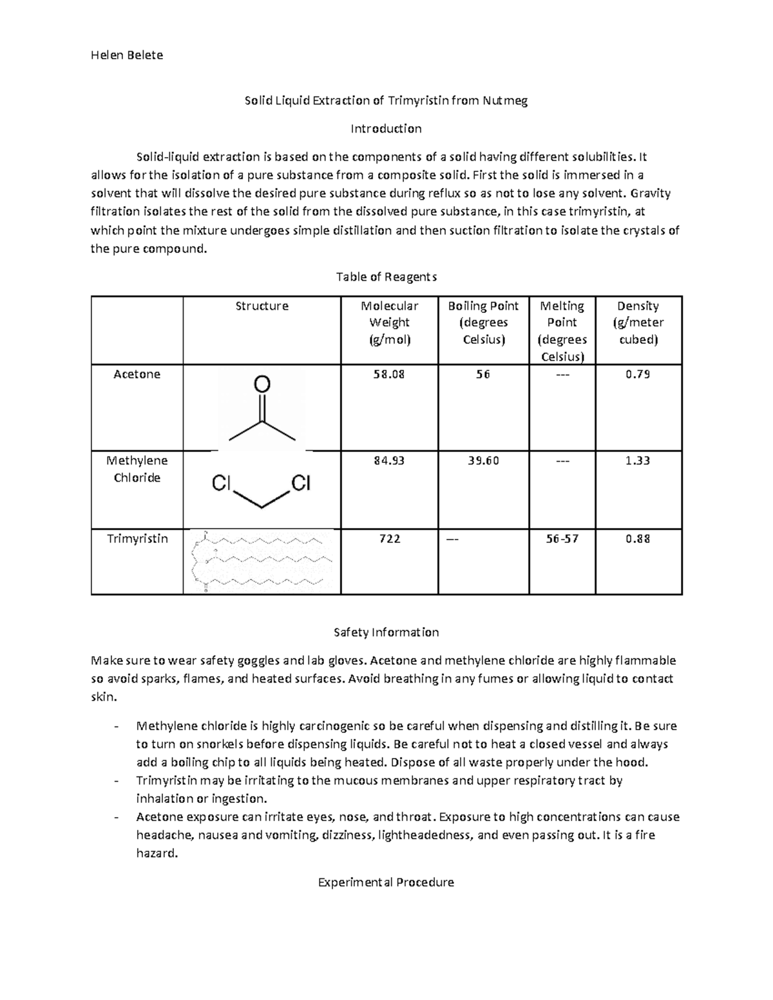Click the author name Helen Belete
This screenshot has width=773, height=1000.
(x=127, y=55)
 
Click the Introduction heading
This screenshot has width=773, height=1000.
(x=386, y=129)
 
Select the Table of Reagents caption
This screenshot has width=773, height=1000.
(x=386, y=277)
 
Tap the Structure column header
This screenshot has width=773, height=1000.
(x=262, y=306)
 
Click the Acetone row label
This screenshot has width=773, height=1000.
(x=137, y=374)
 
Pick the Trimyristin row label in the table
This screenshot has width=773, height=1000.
(x=137, y=538)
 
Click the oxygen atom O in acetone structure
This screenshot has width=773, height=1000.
(x=262, y=384)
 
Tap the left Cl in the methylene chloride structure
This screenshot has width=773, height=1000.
(x=221, y=483)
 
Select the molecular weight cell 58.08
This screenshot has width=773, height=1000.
(x=389, y=374)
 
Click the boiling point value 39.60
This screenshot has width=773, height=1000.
(x=483, y=460)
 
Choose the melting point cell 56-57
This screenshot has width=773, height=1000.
(x=562, y=538)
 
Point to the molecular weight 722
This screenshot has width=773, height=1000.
(x=389, y=538)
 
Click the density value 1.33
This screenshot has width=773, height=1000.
(x=638, y=460)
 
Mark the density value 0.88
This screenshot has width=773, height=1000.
(x=638, y=538)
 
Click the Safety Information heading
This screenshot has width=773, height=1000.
(x=386, y=632)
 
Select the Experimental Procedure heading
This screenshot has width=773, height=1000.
(x=386, y=882)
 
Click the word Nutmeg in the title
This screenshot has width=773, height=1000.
(x=505, y=100)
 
